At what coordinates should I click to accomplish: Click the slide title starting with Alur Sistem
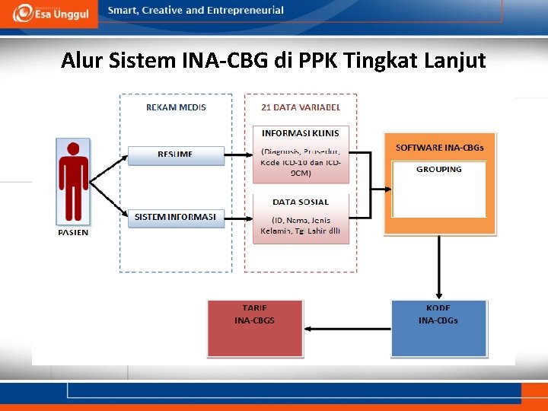tap(273, 60)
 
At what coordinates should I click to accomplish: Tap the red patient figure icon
tap(73, 182)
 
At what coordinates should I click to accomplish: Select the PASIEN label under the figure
tap(73, 233)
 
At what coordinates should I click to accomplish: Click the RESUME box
tap(175, 155)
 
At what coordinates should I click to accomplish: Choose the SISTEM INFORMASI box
tap(175, 218)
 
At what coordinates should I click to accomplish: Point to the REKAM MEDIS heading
tap(176, 107)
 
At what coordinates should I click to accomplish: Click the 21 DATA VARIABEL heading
tap(301, 107)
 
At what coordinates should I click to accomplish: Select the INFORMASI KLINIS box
tap(301, 155)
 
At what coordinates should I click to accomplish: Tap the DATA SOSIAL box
tap(301, 218)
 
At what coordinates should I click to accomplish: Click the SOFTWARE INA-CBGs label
tap(440, 147)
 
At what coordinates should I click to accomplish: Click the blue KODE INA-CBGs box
tap(438, 328)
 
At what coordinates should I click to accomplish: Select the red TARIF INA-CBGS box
tap(255, 328)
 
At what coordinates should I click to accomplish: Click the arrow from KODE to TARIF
tap(346, 329)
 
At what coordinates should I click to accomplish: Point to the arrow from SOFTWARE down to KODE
tap(439, 266)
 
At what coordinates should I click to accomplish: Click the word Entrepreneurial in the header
tap(241, 11)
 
